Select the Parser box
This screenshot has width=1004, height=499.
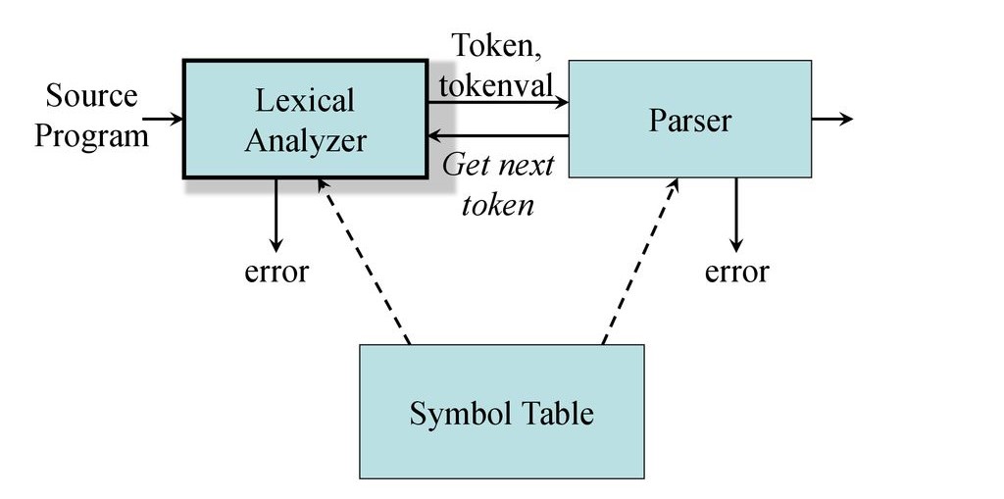pyautogui.click(x=689, y=119)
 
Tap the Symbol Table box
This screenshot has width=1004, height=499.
pyautogui.click(x=501, y=412)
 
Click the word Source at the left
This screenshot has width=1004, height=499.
pyautogui.click(x=92, y=96)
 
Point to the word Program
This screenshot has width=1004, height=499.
pyautogui.click(x=92, y=134)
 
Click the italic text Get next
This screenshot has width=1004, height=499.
pyautogui.click(x=498, y=164)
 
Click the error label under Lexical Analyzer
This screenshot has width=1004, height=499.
pyautogui.click(x=276, y=271)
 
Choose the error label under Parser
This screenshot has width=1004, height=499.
pyautogui.click(x=736, y=271)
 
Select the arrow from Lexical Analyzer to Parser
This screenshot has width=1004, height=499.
pyautogui.click(x=498, y=101)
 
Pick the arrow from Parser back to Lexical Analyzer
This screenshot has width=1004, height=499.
pyautogui.click(x=498, y=135)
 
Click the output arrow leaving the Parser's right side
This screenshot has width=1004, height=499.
pyautogui.click(x=831, y=119)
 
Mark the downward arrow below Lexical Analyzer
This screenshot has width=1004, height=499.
pyautogui.click(x=276, y=214)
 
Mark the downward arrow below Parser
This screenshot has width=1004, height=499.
pyautogui.click(x=736, y=214)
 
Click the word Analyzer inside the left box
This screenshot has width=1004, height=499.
pyautogui.click(x=305, y=139)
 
